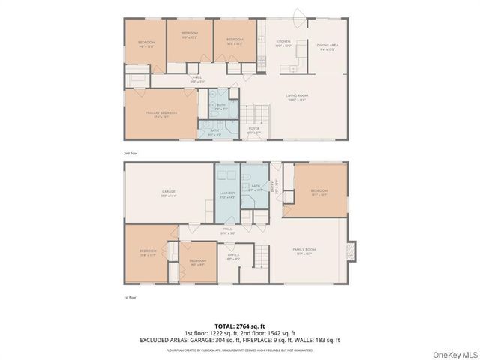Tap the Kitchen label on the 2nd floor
(283, 43)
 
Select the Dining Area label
(328, 46)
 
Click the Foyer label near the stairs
(253, 130)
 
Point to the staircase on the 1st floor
(259, 257)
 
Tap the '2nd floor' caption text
(130, 153)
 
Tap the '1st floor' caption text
(130, 297)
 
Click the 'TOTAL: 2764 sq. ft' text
(240, 325)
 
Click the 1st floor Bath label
(256, 187)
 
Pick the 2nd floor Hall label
(197, 79)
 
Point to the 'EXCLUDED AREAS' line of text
(240, 340)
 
